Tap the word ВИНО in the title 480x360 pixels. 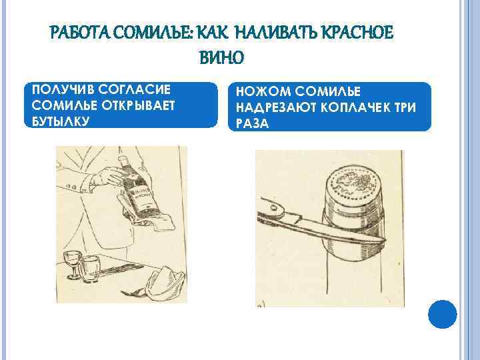click(221, 57)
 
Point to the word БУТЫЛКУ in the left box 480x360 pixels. click(60, 121)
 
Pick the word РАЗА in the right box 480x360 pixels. click(252, 123)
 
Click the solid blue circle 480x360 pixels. click(443, 315)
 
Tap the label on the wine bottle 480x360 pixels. click(140, 197)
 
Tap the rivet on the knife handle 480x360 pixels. click(274, 208)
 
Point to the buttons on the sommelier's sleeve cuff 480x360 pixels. click(71, 187)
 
